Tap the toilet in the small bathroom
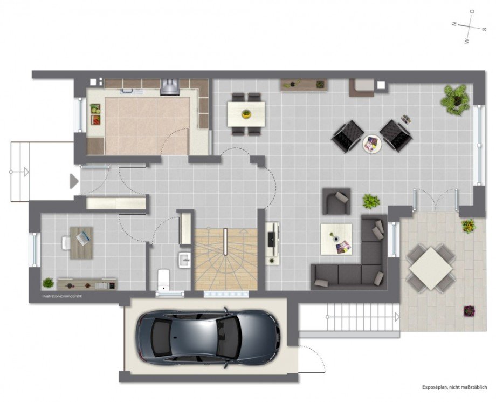[x=163, y=280]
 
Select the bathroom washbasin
[x=184, y=260]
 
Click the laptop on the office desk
[x=83, y=238]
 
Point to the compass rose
[x=469, y=26]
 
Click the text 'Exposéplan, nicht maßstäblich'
[x=454, y=387]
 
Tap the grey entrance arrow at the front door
[x=74, y=181]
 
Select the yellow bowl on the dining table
[x=246, y=114]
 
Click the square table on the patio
[x=431, y=268]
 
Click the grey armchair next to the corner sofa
[x=336, y=201]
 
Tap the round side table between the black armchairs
[x=372, y=144]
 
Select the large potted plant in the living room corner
[x=456, y=99]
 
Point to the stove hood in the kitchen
[x=169, y=86]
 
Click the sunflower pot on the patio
[x=469, y=226]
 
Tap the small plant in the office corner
[x=48, y=283]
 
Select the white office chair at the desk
[x=66, y=243]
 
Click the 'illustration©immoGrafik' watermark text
[x=62, y=297]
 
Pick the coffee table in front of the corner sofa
[x=336, y=239]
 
